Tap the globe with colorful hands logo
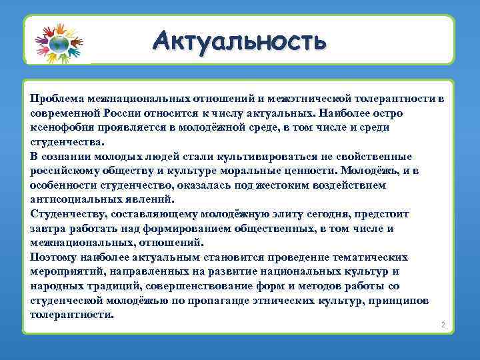point(58,43)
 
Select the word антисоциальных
point(75,199)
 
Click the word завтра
point(47,229)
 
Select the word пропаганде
point(238,301)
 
